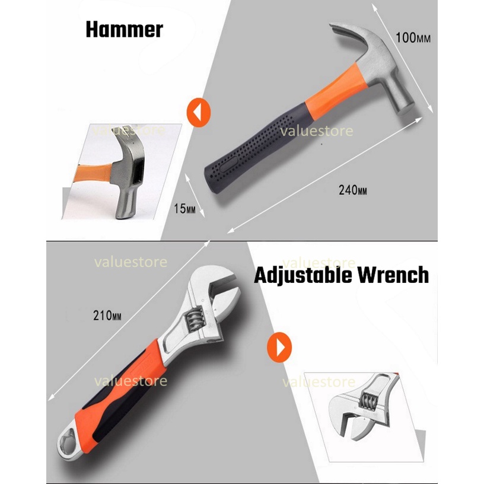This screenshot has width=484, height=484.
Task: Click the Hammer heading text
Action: pos(125,30)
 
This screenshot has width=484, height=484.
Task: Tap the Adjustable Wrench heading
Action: pos(342,275)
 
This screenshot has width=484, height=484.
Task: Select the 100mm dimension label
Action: pos(413,37)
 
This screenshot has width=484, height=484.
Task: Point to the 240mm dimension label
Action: pos(353,190)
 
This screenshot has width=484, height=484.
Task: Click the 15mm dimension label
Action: pos(184,209)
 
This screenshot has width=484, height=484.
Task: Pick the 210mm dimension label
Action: pos(107,316)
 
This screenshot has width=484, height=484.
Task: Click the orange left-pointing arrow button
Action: pos(199,112)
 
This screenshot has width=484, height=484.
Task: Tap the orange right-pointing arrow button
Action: pos(279,347)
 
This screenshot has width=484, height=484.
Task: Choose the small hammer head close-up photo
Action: pos(122,171)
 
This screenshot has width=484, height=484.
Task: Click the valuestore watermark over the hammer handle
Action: pos(316,131)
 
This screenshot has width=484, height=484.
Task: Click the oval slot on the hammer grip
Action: pos(229,164)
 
